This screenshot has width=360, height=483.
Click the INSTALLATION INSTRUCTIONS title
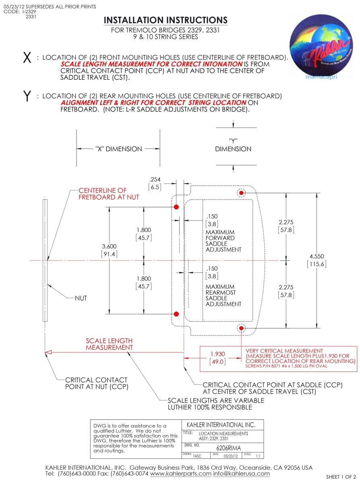click(166, 20)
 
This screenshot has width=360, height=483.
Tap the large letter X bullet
click(27, 58)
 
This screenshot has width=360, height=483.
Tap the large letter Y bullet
click(27, 97)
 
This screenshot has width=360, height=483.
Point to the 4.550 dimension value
click(316, 256)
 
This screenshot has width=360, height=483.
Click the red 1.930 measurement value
click(217, 354)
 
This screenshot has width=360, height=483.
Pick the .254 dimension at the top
click(155, 180)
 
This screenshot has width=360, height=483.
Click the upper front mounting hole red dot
click(176, 207)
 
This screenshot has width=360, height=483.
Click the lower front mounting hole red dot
click(176, 314)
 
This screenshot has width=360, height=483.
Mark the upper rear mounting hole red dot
click(241, 193)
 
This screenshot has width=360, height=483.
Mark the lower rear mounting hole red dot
click(241, 328)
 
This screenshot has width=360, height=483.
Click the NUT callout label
click(81, 298)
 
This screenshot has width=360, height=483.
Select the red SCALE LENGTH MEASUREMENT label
click(109, 344)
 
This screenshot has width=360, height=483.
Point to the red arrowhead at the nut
click(48, 353)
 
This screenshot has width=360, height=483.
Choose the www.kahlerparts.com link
click(180, 474)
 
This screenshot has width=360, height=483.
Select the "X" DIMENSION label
click(118, 149)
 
